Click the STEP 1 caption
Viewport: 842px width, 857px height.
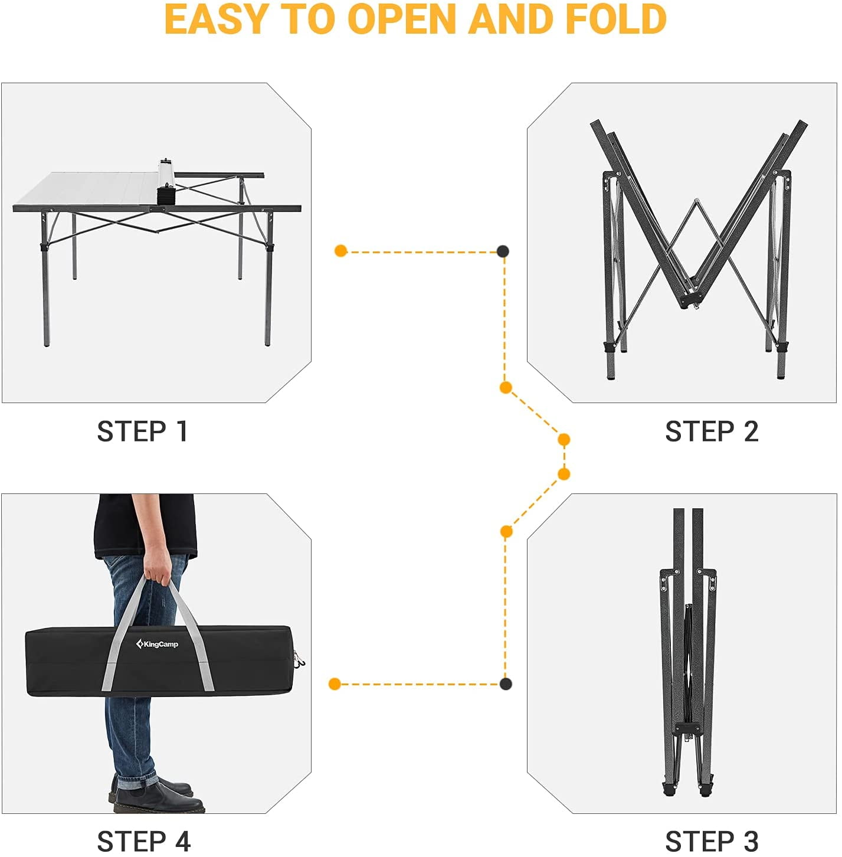click(x=142, y=431)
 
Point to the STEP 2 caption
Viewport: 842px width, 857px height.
click(x=712, y=431)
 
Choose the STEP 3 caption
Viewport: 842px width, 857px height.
click(x=712, y=840)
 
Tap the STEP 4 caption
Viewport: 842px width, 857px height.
click(x=143, y=840)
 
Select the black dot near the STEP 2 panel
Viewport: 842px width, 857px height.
click(x=503, y=251)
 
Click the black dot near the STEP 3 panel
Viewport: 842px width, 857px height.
click(x=506, y=684)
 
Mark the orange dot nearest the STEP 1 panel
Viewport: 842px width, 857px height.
click(x=340, y=250)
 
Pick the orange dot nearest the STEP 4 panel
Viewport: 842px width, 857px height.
click(x=335, y=684)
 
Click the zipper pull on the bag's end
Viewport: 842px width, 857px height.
click(x=299, y=659)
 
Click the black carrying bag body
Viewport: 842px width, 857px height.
click(x=159, y=660)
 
